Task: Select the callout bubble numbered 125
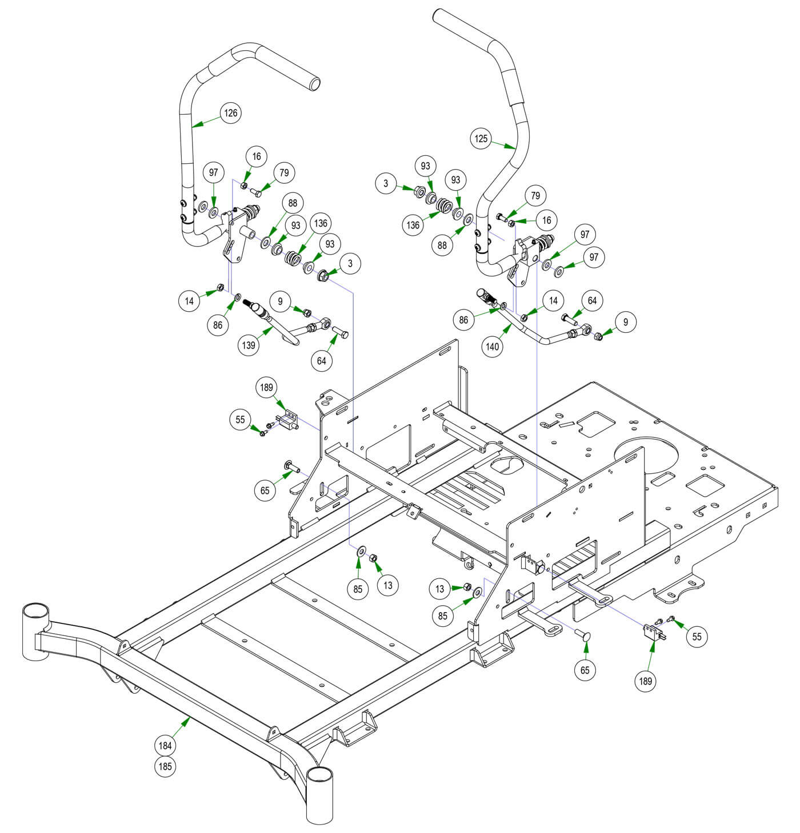pyautogui.click(x=481, y=138)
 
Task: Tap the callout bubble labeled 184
pyautogui.click(x=166, y=745)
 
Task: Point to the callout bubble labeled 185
pyautogui.click(x=166, y=766)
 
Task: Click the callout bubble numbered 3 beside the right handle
pyautogui.click(x=386, y=183)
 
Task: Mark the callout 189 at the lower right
pyautogui.click(x=646, y=681)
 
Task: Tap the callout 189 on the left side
pyautogui.click(x=266, y=388)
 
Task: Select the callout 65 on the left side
pyautogui.click(x=265, y=490)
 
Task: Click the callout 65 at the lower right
pyautogui.click(x=585, y=670)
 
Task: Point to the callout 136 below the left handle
pyautogui.click(x=321, y=223)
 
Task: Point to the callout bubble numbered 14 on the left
pyautogui.click(x=189, y=300)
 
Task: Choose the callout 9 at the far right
pyautogui.click(x=626, y=323)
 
